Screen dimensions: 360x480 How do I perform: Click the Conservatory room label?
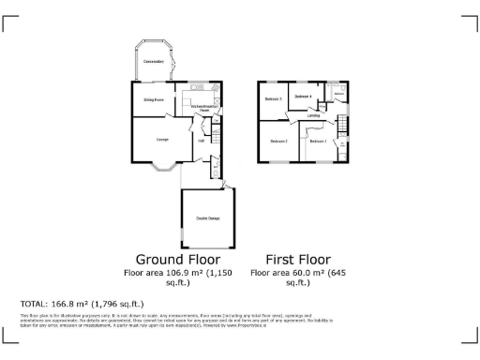pyautogui.click(x=154, y=62)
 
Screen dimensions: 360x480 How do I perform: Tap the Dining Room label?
pyautogui.click(x=154, y=99)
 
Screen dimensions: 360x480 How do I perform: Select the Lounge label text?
pyautogui.click(x=162, y=140)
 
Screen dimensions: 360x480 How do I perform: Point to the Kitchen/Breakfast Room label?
pyautogui.click(x=206, y=109)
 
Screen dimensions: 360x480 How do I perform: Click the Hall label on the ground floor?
pyautogui.click(x=201, y=142)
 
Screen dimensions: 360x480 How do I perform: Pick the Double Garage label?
pyautogui.click(x=208, y=218)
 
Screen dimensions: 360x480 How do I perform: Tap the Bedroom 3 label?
pyautogui.click(x=274, y=98)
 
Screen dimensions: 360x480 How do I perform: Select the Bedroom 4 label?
pyautogui.click(x=303, y=97)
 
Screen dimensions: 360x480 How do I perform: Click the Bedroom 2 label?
pyautogui.click(x=278, y=142)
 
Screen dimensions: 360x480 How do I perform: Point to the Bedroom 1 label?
pyautogui.click(x=318, y=142)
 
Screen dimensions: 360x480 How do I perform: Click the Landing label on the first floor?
pyautogui.click(x=325, y=116)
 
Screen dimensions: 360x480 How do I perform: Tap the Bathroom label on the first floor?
pyautogui.click(x=339, y=95)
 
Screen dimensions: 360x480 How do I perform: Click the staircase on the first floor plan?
pyautogui.click(x=343, y=126)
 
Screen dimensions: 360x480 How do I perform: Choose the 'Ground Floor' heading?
pyautogui.click(x=178, y=259)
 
